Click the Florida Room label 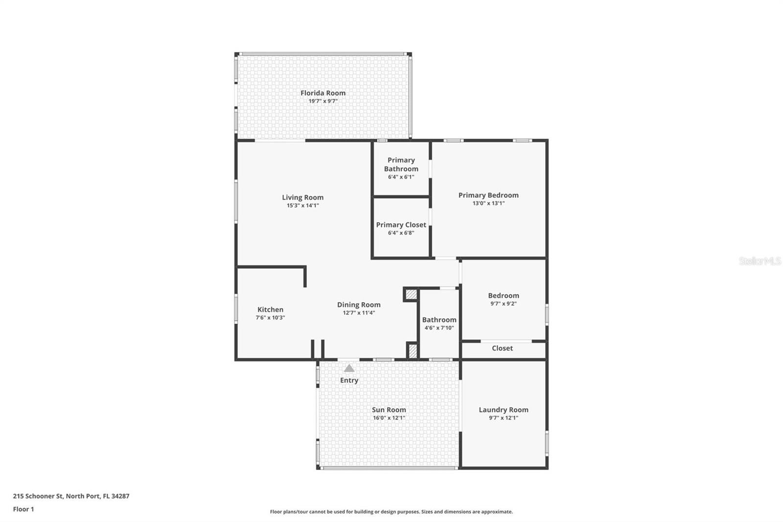[x=323, y=93]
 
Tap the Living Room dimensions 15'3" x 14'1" [x=303, y=206]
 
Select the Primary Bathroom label [x=401, y=165]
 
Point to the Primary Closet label [x=401, y=225]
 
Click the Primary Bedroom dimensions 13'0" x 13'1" [x=489, y=203]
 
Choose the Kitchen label [x=271, y=309]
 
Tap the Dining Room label [x=359, y=305]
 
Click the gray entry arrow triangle [x=349, y=368]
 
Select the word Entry [x=349, y=380]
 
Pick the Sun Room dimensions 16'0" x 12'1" [x=389, y=418]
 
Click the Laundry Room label [x=504, y=410]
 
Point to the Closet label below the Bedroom [x=502, y=348]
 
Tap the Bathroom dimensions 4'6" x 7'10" [x=439, y=328]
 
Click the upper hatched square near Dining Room [x=412, y=294]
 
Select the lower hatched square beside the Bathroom [x=413, y=351]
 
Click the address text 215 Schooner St [x=38, y=496]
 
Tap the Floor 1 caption [x=23, y=509]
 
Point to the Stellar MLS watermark [x=760, y=261]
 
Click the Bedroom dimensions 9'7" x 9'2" [x=504, y=304]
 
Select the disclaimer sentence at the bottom [x=391, y=512]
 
